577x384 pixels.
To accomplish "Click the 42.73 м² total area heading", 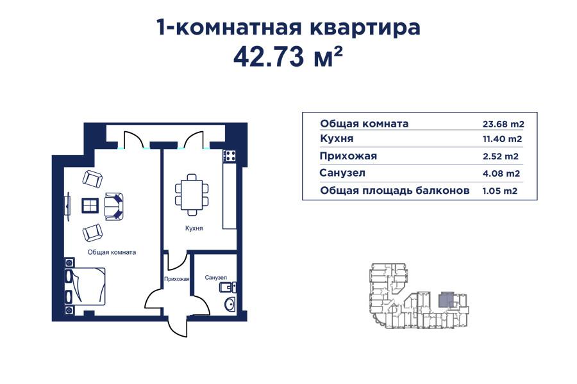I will (288, 57).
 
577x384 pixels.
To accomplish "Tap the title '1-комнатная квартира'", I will (288, 28).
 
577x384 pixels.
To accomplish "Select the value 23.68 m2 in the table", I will (503, 124).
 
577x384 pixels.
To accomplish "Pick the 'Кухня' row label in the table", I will (337, 139).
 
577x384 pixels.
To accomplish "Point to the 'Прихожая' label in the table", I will (348, 156).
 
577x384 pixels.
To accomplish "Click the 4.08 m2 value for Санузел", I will (500, 173).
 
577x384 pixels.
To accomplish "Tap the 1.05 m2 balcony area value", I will (500, 191).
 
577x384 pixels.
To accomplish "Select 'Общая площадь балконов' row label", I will (395, 191).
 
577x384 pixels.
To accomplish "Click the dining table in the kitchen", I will (192, 192).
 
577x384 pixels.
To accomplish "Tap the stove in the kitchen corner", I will (230, 155).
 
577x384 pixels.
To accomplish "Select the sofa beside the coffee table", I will (115, 205).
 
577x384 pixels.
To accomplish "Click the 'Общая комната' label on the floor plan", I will (112, 252).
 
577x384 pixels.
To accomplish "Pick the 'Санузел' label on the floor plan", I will (216, 278).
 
